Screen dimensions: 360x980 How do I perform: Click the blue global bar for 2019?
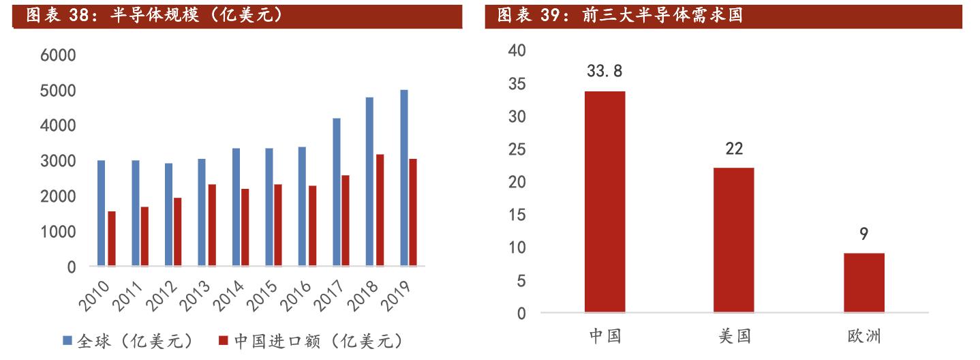pyautogui.click(x=404, y=177)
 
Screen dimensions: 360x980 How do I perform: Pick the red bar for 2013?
pyautogui.click(x=212, y=225)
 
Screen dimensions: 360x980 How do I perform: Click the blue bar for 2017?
pyautogui.click(x=337, y=192)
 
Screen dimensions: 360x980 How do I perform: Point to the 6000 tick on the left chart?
pyautogui.click(x=58, y=55)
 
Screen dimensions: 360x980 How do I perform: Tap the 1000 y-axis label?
pyautogui.click(x=58, y=232)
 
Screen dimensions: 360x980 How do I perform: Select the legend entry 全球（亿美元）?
pyautogui.click(x=129, y=341)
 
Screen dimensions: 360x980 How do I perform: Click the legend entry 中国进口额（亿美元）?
pyautogui.click(x=310, y=341)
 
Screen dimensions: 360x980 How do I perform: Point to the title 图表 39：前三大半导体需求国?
pyautogui.click(x=620, y=15)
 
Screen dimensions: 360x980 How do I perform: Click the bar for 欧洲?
pyautogui.click(x=863, y=283)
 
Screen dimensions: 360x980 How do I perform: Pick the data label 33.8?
pyautogui.click(x=604, y=71)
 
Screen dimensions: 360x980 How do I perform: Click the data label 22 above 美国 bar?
pyautogui.click(x=734, y=148)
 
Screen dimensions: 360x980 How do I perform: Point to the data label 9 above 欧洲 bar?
pyautogui.click(x=863, y=234)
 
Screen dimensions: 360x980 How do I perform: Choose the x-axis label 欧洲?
pyautogui.click(x=863, y=336)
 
